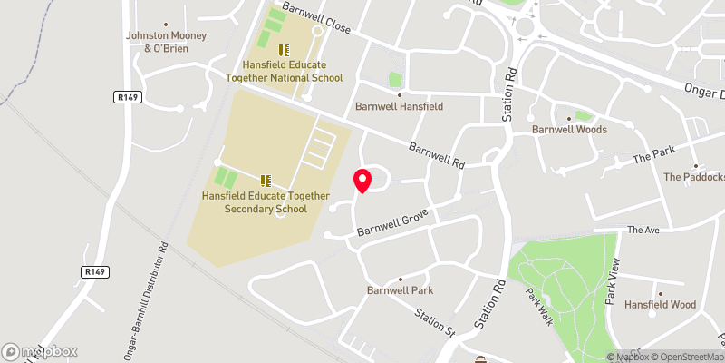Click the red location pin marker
coord(362,181)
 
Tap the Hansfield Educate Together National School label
coord(293,71)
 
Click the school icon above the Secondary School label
coord(266,180)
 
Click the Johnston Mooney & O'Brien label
coord(166,42)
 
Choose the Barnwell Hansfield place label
coord(399,106)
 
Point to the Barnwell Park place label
coord(400,290)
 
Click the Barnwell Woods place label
coord(569,129)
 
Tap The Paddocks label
coord(693,176)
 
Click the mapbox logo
coord(40,351)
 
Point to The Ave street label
coord(643,230)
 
